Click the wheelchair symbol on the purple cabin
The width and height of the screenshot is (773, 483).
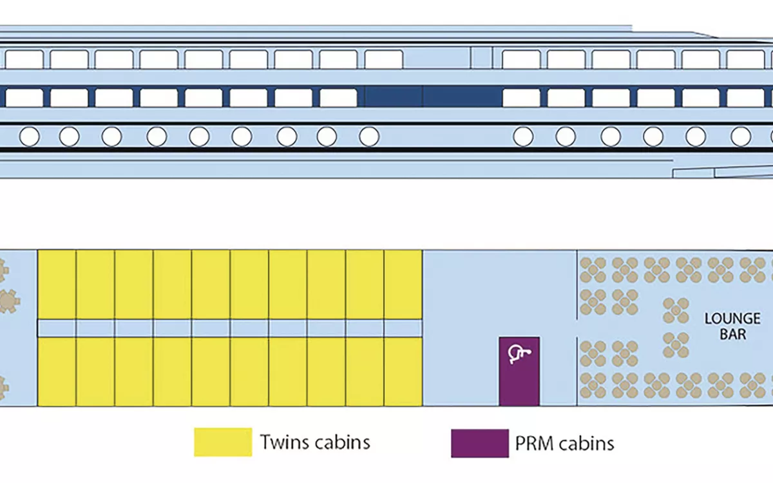coord(519,352)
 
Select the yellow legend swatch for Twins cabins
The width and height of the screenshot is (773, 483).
coord(223,442)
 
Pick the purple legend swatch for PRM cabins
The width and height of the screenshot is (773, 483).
coord(479,442)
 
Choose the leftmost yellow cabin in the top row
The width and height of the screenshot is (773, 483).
coord(57,284)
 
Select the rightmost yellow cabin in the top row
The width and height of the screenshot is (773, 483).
coord(403,284)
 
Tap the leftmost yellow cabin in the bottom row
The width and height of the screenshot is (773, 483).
coord(57,372)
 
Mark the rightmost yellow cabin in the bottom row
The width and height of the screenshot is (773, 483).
coord(403,372)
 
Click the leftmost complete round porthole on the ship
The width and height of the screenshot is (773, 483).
coord(30,137)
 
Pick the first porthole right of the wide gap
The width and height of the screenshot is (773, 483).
coord(524,137)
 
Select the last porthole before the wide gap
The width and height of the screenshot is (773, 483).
coord(369,137)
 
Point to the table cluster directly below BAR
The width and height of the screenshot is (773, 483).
coord(720,385)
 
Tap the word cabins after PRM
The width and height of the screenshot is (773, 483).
coord(586,443)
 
